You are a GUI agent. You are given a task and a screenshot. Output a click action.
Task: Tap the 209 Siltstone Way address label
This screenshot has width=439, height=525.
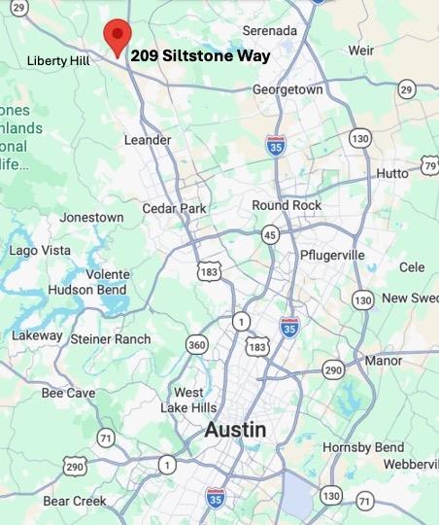click(x=201, y=55)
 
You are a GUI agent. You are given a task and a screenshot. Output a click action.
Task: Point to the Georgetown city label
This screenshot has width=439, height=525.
click(x=287, y=89)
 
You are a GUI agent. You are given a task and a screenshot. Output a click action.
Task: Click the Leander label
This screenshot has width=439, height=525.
click(x=148, y=140)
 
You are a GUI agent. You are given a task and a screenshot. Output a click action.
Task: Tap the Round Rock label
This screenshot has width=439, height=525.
click(x=286, y=205)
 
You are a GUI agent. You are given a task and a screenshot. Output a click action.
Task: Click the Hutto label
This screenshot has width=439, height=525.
click(x=392, y=173)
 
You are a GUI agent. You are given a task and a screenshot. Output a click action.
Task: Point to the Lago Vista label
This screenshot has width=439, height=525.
click(x=40, y=250)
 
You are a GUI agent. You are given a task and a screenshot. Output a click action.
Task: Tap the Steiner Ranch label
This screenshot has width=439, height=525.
click(x=111, y=338)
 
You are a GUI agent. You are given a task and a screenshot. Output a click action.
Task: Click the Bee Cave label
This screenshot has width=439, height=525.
click(x=68, y=393)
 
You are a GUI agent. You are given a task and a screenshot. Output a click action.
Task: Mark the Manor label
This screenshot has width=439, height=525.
click(x=384, y=361)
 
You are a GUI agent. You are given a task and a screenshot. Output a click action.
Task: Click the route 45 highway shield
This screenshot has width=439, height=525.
click(x=270, y=234)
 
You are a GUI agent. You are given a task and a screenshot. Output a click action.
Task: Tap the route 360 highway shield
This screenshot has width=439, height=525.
click(x=197, y=344)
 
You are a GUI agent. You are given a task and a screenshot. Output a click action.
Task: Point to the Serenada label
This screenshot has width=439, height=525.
click(x=270, y=30)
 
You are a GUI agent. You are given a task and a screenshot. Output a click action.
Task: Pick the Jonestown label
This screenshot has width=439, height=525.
click(x=91, y=217)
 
